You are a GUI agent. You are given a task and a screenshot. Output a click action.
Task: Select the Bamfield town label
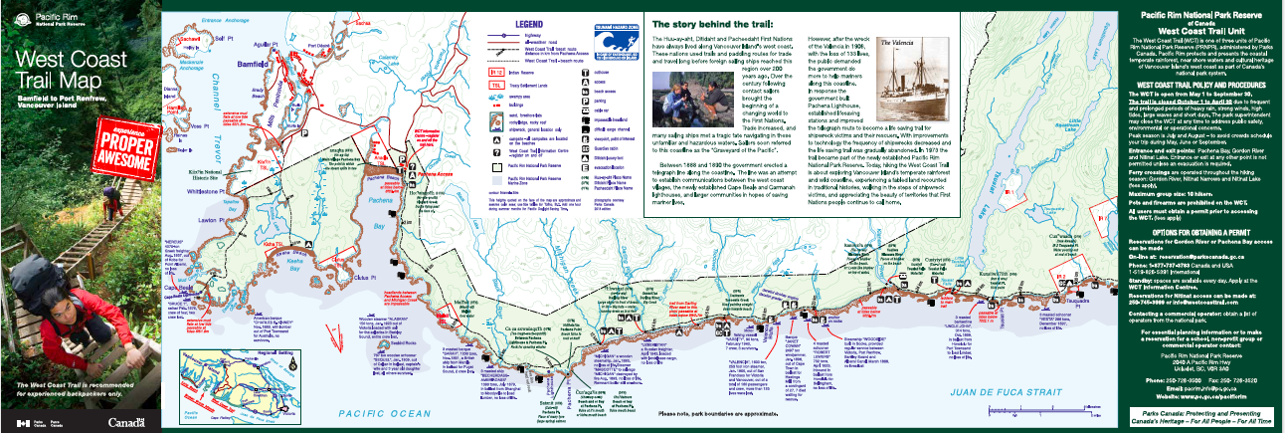click(251, 64)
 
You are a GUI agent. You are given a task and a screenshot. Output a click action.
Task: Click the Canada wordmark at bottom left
click(125, 422)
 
